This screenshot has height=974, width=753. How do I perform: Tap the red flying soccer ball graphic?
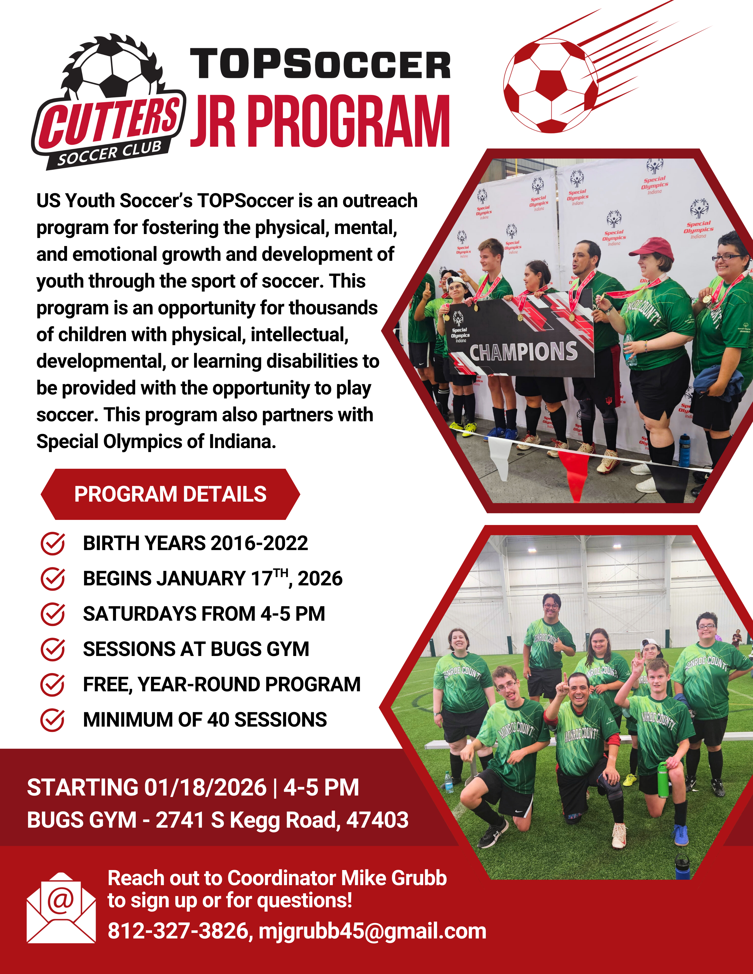tap(551, 86)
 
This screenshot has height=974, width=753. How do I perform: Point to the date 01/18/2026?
tap(205, 787)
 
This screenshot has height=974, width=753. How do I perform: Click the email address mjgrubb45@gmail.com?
tap(372, 931)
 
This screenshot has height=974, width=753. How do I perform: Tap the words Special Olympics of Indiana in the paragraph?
tap(156, 441)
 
